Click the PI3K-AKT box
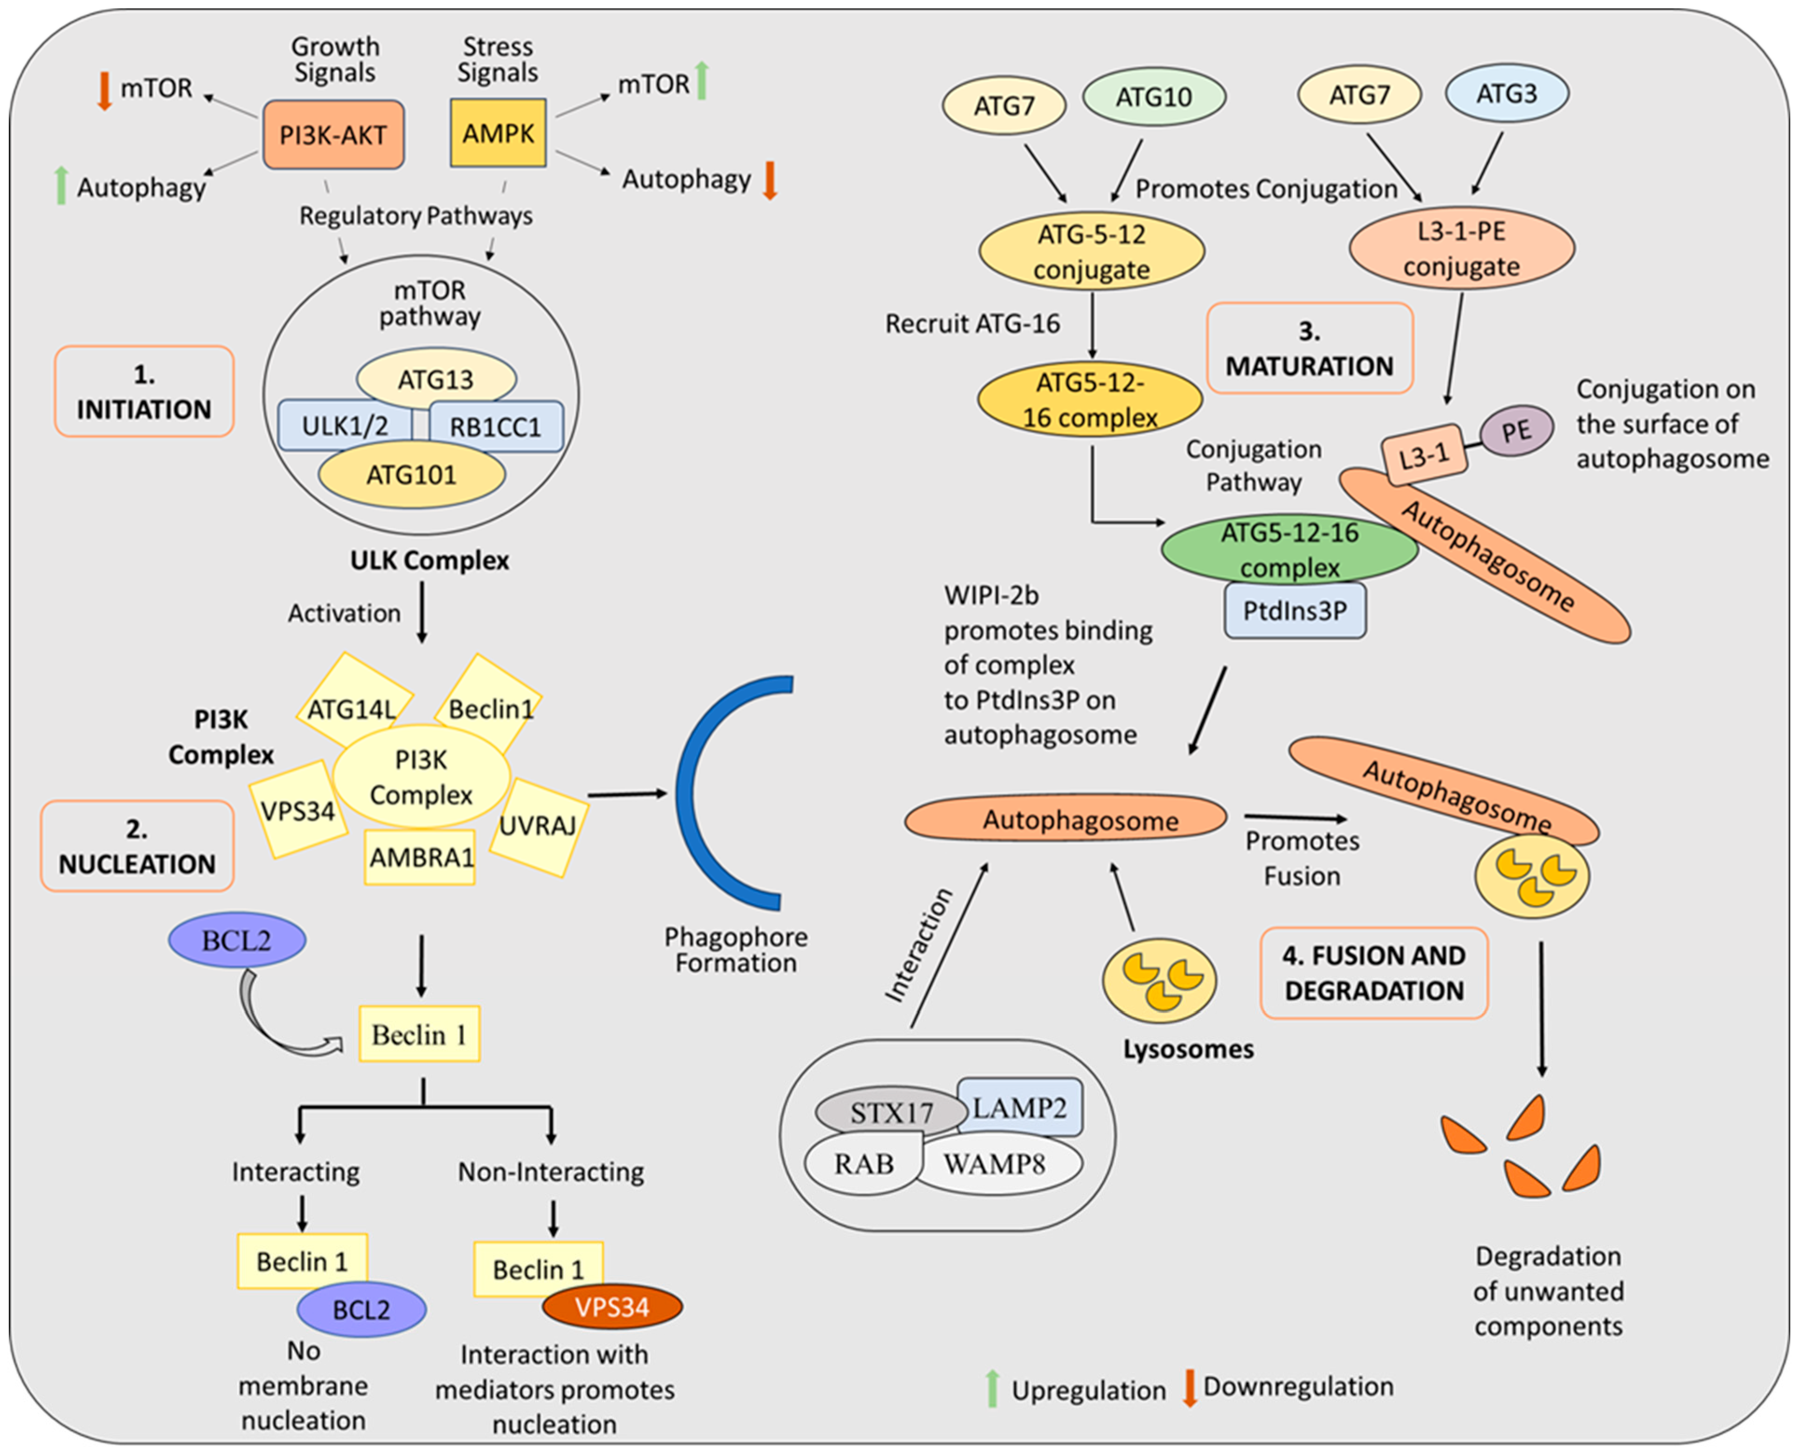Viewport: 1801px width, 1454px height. [333, 135]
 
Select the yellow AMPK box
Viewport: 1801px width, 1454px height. [498, 133]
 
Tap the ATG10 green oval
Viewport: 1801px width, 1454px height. [1154, 97]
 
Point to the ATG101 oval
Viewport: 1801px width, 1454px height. [411, 475]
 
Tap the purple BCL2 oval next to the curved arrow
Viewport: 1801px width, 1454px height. [237, 940]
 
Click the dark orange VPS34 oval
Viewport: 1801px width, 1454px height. [613, 1306]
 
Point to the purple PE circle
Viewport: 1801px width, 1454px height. [1516, 432]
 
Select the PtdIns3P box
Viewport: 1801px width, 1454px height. [1295, 610]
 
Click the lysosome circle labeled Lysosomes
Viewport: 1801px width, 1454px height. [1159, 980]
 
